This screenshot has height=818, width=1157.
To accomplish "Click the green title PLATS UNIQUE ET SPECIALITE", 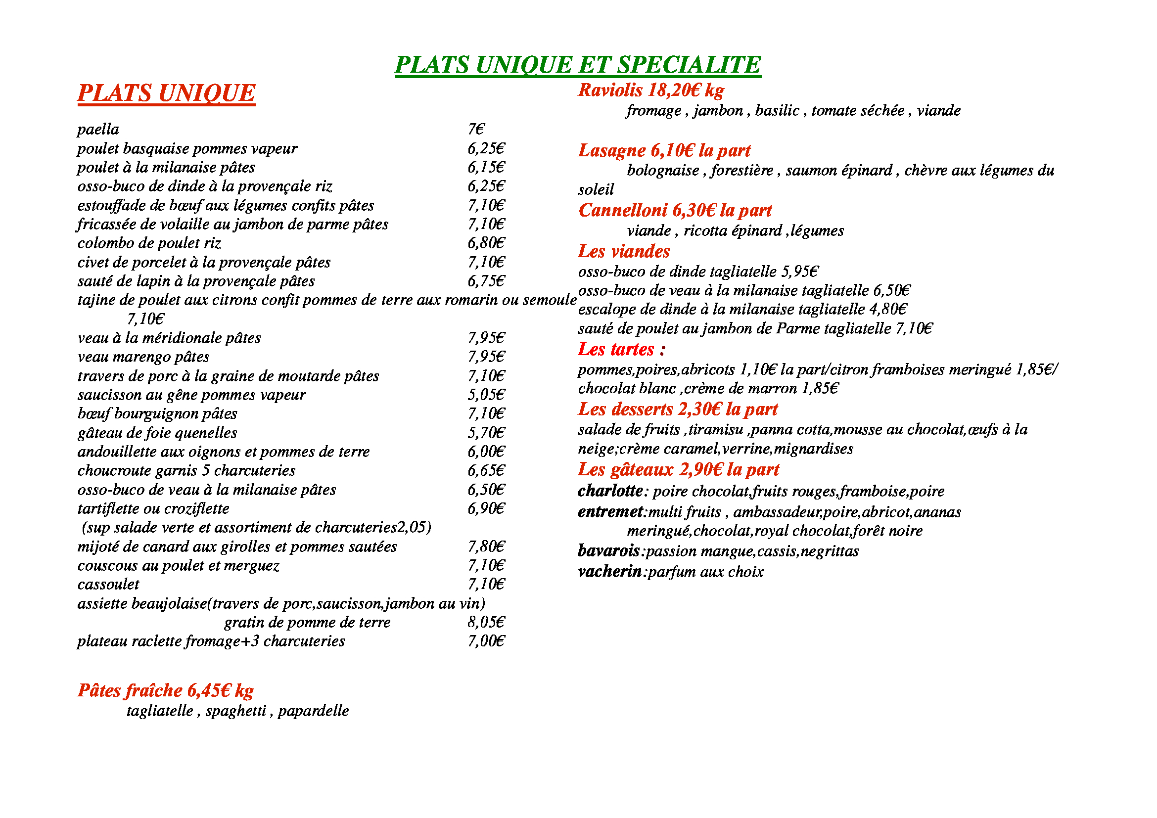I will [x=577, y=65].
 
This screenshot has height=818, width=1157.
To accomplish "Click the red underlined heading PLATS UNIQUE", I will [x=166, y=93].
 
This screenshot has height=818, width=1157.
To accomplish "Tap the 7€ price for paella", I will [x=476, y=130].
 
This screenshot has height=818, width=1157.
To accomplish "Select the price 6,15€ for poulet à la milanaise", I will [x=486, y=167].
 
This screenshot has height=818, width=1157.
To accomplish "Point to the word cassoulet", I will [x=108, y=584].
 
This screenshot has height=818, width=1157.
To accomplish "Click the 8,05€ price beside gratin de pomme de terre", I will [x=486, y=623].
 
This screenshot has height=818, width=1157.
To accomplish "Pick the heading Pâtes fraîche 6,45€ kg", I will [x=165, y=690].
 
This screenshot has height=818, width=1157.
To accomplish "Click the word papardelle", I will [x=313, y=711].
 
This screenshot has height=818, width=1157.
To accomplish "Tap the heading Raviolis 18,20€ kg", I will [x=650, y=91].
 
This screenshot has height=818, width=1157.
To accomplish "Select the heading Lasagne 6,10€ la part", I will [x=664, y=151].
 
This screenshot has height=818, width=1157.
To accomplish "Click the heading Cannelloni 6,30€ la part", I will [x=675, y=211].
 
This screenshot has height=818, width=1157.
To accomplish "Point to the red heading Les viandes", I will [x=624, y=252].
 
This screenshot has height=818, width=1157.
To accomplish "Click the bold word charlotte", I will [x=610, y=491].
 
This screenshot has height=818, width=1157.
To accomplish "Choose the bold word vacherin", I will [x=610, y=572].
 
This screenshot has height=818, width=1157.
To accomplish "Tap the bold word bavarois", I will [x=609, y=551].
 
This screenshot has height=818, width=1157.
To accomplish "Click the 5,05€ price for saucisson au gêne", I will [x=486, y=395].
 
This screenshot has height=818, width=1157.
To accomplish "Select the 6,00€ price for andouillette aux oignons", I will [x=486, y=452].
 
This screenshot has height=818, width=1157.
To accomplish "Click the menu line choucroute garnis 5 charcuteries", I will [x=186, y=471].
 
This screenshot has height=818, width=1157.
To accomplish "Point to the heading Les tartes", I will [x=621, y=350].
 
